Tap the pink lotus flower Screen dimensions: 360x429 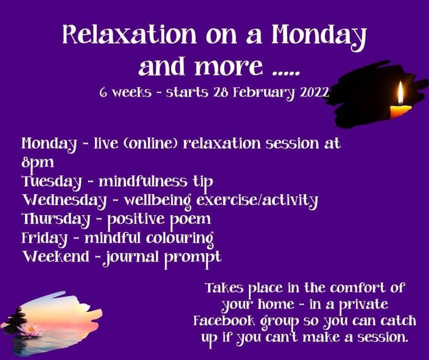point(30,328)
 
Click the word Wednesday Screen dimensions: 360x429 point(64,201)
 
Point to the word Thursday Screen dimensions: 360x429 point(55,219)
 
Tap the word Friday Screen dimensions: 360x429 point(45,238)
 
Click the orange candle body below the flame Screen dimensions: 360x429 point(400,111)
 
